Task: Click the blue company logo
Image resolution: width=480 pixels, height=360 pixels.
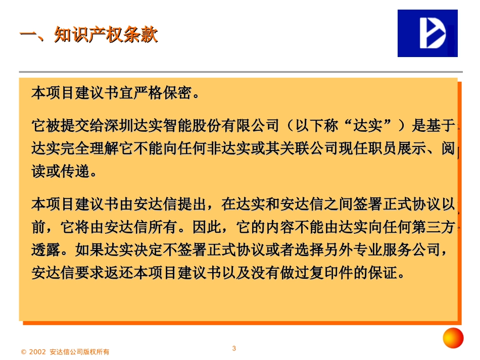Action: click(427, 33)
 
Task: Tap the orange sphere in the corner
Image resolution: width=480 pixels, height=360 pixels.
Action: click(453, 338)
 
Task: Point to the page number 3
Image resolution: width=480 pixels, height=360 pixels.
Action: click(234, 348)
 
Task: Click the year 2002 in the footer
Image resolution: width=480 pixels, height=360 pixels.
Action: click(38, 352)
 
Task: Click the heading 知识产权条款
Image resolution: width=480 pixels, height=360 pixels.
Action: click(107, 35)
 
